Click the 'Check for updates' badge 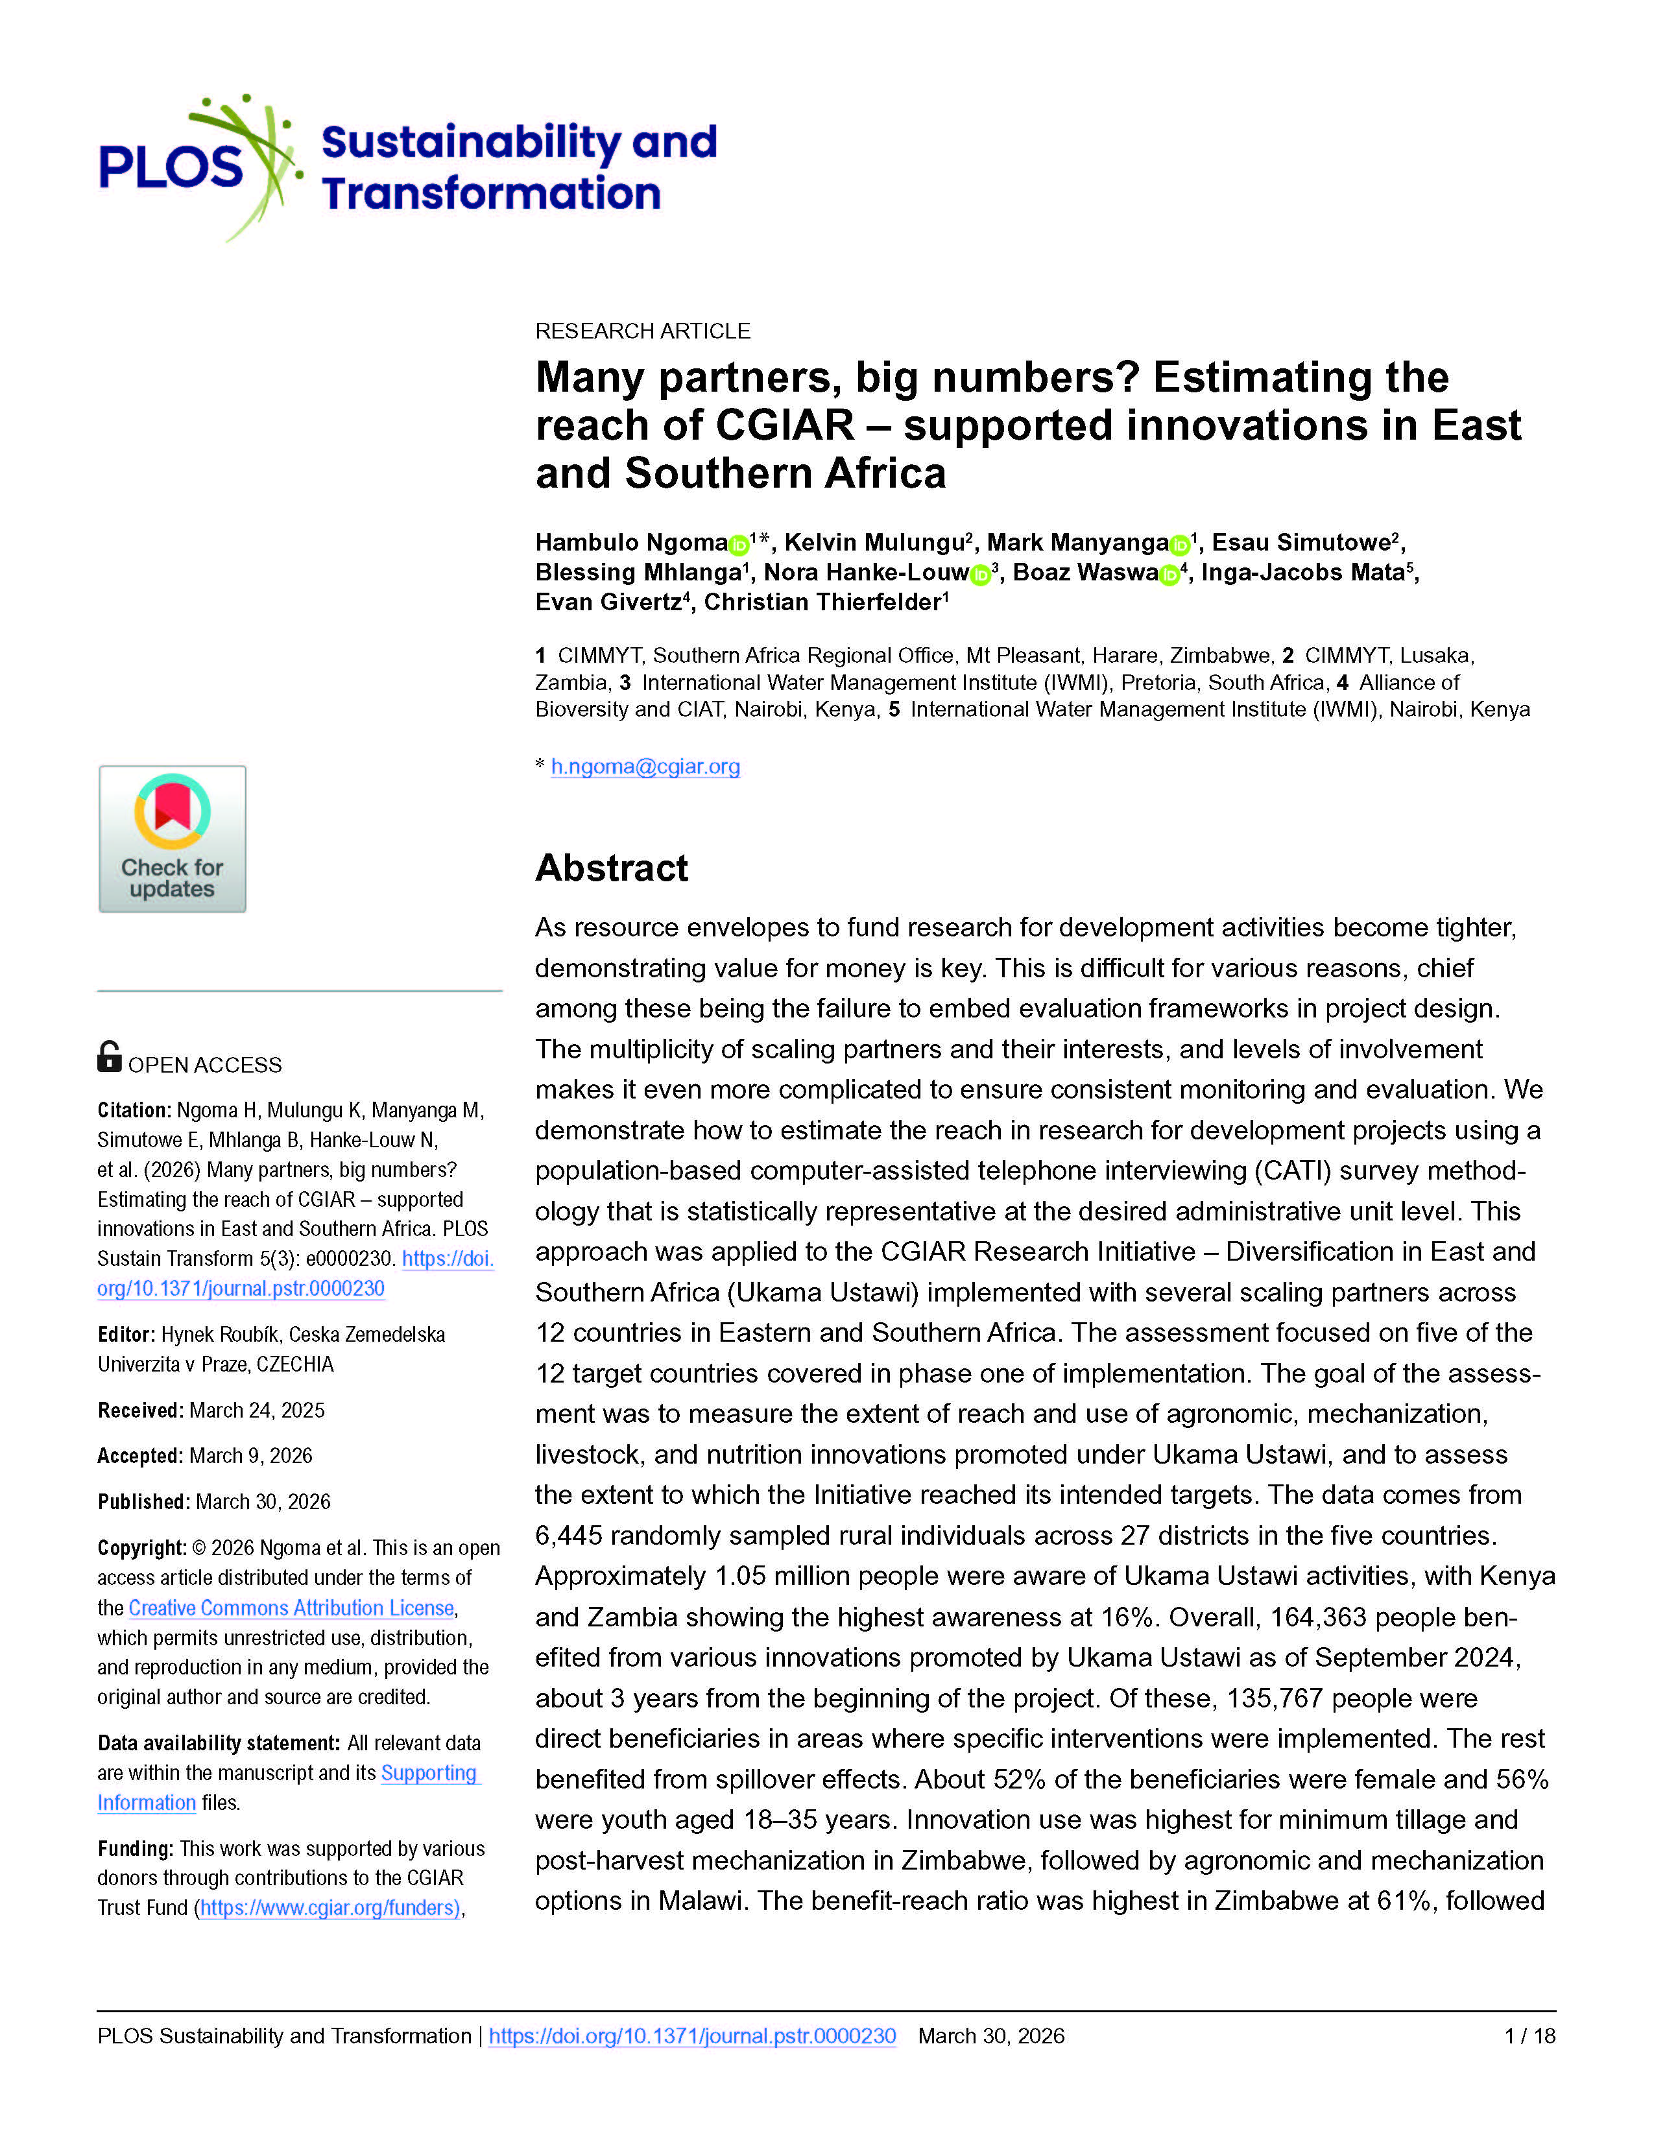(x=173, y=838)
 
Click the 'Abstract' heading (x=612, y=868)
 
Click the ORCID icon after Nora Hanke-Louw (x=980, y=574)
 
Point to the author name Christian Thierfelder (x=822, y=602)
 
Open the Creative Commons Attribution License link (x=291, y=1608)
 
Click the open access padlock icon (x=109, y=1057)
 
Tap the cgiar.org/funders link (x=330, y=1908)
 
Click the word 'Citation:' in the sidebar (x=134, y=1110)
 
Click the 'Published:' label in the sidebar (x=143, y=1501)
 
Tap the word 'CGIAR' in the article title (x=785, y=425)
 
